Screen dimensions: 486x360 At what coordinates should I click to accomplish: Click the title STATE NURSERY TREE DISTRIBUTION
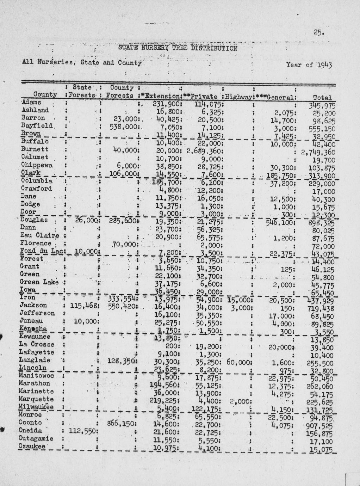(178, 48)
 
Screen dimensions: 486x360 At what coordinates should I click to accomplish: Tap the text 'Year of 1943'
(309, 65)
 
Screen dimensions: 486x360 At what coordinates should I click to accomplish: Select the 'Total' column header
(322, 98)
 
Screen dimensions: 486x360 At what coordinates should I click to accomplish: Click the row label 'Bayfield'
(37, 125)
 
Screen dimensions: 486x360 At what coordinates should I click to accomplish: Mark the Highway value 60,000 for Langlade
(238, 362)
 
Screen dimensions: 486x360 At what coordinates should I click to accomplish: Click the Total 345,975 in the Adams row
(322, 105)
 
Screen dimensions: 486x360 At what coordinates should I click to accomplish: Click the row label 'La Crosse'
(37, 344)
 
